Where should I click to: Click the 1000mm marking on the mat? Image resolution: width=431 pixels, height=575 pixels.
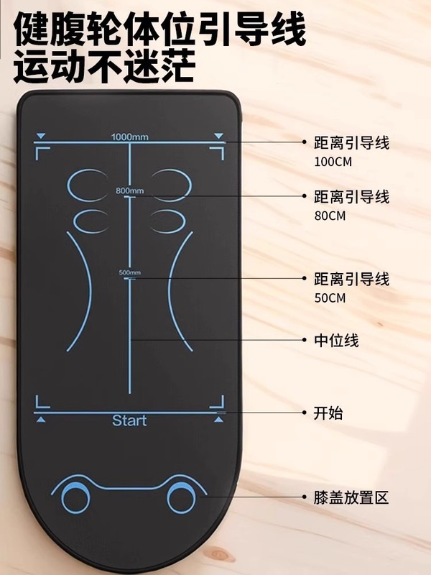(x=130, y=137)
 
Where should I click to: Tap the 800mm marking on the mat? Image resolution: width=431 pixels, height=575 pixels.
(x=130, y=190)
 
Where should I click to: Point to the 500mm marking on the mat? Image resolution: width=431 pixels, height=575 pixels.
(x=130, y=272)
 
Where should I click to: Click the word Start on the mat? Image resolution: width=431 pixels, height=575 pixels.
(x=129, y=420)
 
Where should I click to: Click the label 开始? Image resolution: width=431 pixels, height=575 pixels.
(x=328, y=413)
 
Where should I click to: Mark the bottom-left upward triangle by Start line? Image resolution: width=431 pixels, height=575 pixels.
(x=41, y=419)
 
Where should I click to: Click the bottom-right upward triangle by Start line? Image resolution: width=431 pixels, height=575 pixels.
(x=218, y=419)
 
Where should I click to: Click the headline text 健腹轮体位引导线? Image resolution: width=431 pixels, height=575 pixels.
(x=160, y=30)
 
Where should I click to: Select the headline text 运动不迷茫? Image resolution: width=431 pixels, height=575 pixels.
(x=104, y=68)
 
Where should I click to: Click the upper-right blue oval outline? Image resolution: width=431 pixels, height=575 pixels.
(x=171, y=185)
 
